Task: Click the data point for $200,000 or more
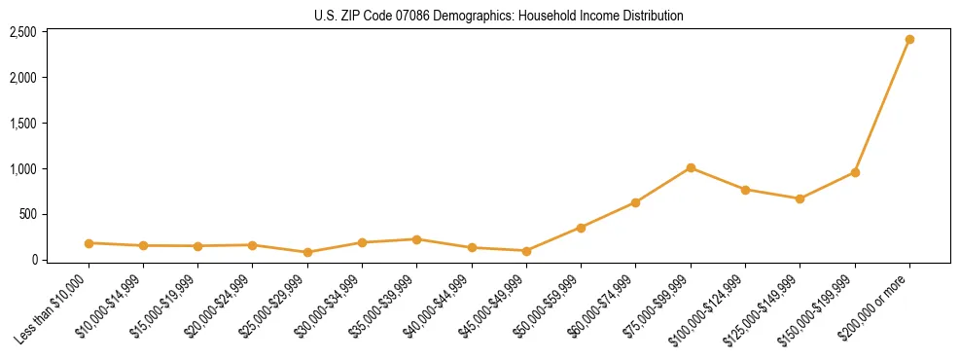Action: pos(909,40)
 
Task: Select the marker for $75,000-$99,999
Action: pos(691,168)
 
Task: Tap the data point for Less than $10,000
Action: pos(89,243)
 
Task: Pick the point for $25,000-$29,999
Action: pos(307,252)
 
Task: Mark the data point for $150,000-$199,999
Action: pos(855,172)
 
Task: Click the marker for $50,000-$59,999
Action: pos(581,228)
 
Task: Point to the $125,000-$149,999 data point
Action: pos(800,198)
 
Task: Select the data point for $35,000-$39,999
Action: pos(416,239)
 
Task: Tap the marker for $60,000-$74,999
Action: pos(635,202)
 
